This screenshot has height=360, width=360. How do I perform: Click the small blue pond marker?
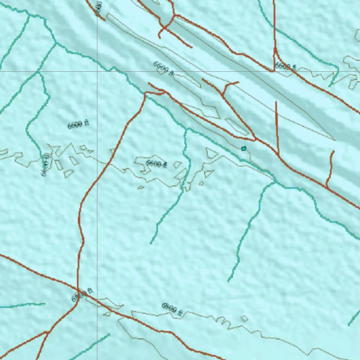click(244, 148)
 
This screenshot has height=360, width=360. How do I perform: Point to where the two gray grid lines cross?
click(97, 71)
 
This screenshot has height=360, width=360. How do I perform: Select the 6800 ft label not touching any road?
click(172, 309)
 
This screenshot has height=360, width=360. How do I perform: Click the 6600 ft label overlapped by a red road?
click(285, 66)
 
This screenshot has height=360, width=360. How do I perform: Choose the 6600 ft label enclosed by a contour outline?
click(156, 163)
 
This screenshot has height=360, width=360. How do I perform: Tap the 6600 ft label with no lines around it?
click(78, 124)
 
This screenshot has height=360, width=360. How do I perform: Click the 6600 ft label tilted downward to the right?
click(163, 69)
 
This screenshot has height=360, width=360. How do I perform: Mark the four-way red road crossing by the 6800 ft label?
click(78, 290)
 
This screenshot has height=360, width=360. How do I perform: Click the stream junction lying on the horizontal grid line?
click(38, 72)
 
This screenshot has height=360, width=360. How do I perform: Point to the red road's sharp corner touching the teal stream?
click(145, 93)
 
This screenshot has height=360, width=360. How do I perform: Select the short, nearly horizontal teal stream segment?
click(23, 305)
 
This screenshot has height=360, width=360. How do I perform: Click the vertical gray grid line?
click(97, 211)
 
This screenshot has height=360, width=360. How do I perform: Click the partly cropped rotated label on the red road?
click(99, 7)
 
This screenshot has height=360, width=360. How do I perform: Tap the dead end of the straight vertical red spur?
click(276, 102)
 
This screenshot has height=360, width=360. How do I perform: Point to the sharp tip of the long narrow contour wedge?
click(335, 140)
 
